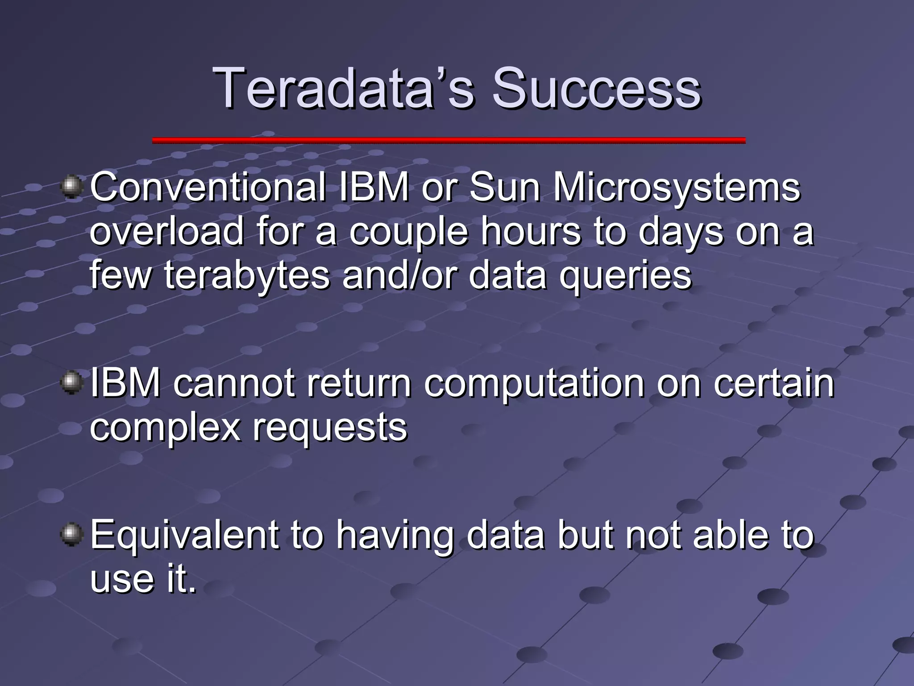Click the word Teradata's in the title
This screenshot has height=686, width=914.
344,88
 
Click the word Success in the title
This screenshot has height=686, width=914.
596,88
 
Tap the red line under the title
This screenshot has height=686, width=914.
449,140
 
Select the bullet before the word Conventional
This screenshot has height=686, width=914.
71,186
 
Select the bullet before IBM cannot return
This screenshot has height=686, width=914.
71,383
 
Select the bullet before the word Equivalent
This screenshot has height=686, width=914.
71,535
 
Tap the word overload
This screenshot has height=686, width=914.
167,231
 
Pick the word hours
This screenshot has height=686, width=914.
531,231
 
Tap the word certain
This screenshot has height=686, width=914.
773,383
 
